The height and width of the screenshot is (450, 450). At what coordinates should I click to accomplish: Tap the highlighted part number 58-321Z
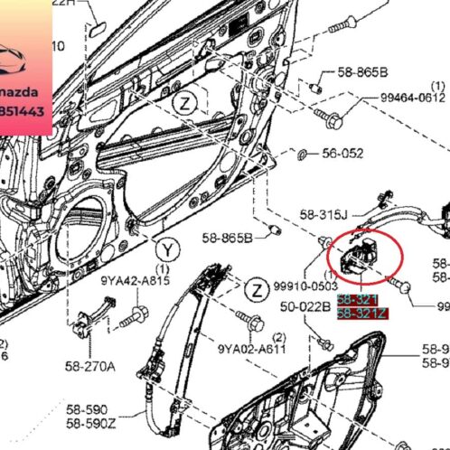[x=361, y=314]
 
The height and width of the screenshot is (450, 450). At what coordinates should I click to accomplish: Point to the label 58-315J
[x=324, y=214]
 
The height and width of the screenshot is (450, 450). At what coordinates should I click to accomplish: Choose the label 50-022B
[x=304, y=307]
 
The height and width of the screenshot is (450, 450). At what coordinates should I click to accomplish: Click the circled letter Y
[x=166, y=246]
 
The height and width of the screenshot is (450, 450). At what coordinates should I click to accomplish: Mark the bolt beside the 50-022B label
[x=326, y=342]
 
